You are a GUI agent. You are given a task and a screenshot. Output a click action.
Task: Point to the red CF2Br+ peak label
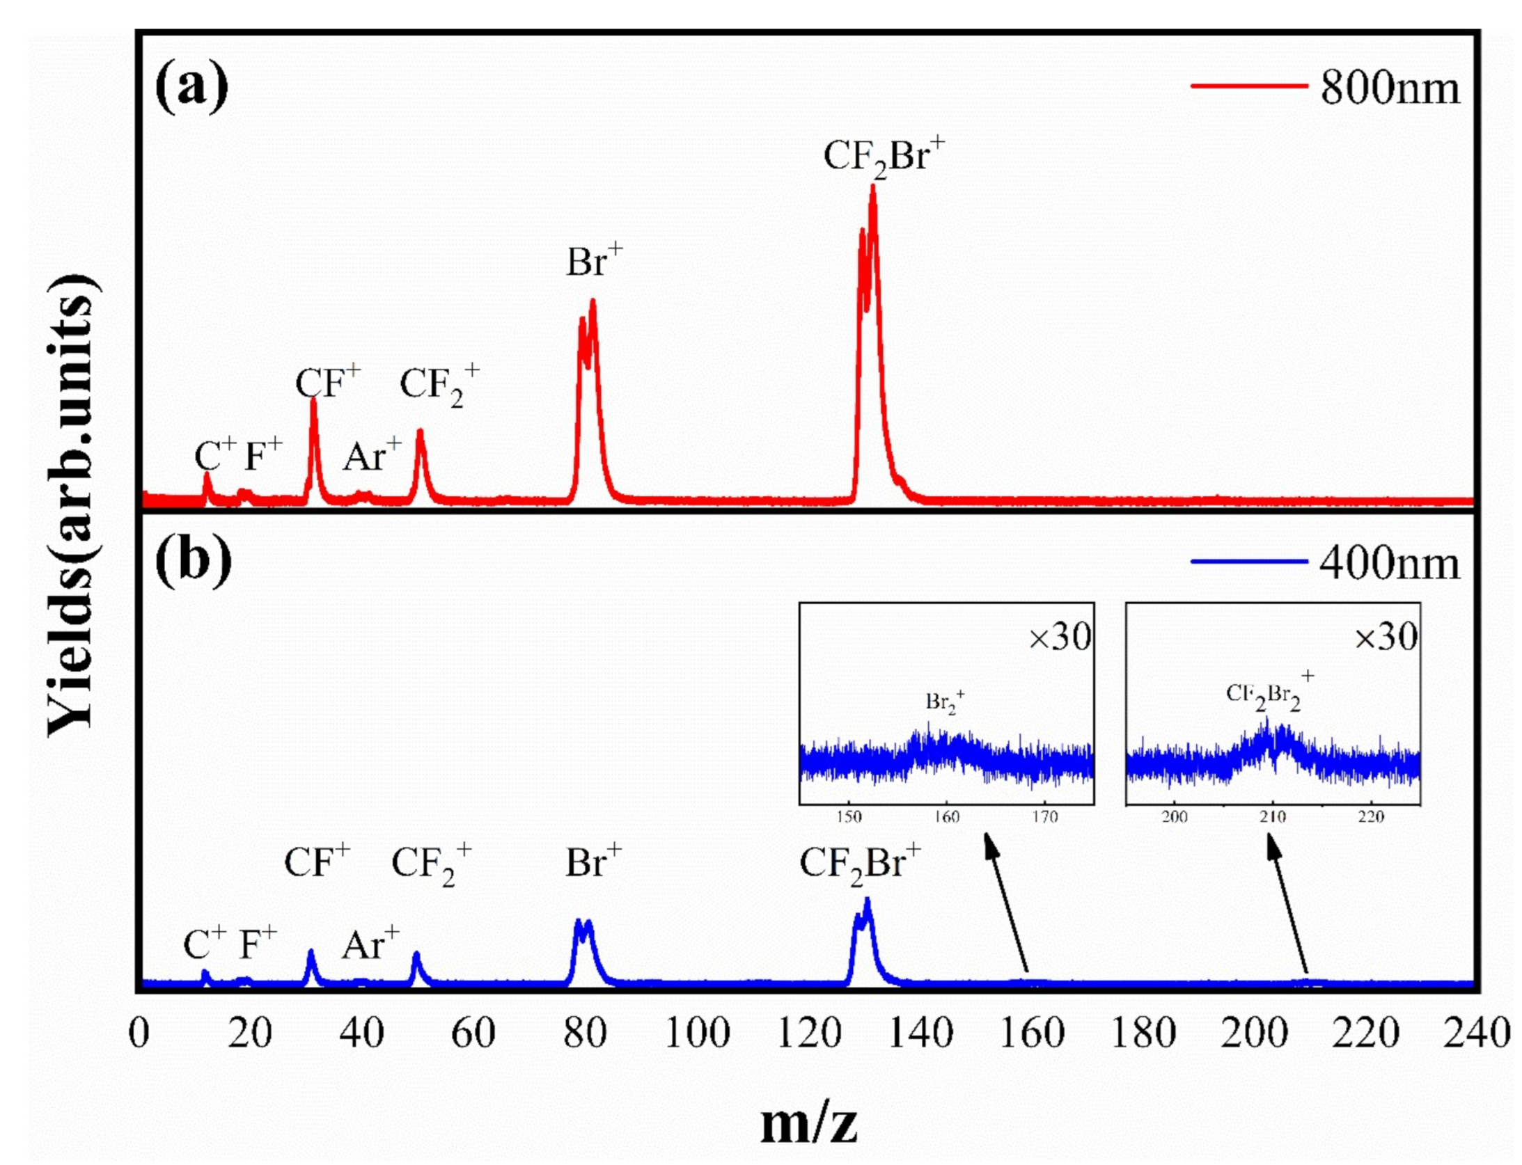click(x=883, y=157)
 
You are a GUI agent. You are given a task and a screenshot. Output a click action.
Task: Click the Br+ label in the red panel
click(x=593, y=262)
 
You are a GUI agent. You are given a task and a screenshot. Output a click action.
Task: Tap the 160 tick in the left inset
click(x=946, y=816)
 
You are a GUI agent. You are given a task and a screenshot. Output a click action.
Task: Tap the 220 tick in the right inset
click(x=1370, y=816)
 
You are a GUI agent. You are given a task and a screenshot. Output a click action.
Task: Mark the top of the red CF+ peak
click(x=313, y=399)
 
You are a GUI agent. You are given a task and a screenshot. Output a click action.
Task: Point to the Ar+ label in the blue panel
click(x=370, y=945)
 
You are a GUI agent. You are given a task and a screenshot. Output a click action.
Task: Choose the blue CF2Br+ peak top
click(x=867, y=901)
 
